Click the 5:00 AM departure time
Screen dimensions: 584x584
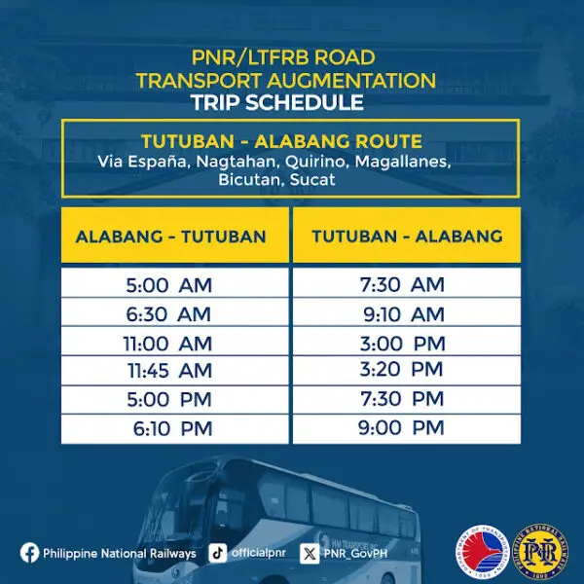(168, 285)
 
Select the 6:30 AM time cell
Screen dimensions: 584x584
(168, 313)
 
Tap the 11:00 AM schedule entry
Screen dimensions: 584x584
(168, 343)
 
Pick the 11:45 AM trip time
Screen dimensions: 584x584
(168, 371)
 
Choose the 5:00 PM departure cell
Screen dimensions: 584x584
(168, 400)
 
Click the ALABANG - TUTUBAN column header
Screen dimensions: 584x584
(171, 236)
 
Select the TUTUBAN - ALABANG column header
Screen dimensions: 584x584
(407, 236)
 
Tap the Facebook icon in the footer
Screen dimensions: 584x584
(30, 553)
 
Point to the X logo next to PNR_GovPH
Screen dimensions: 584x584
(310, 553)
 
